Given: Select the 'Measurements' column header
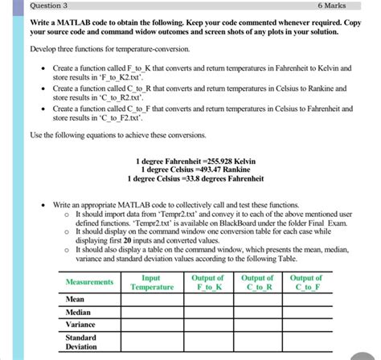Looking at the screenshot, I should click(89, 282).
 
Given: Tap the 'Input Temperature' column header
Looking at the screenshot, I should click(152, 282).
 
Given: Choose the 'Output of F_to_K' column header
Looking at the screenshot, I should click(207, 282).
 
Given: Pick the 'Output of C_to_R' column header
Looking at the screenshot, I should click(257, 282).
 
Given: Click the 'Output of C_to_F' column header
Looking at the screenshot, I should click(306, 282).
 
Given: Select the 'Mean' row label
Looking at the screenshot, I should click(76, 298).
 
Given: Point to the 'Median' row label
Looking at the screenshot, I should click(79, 312).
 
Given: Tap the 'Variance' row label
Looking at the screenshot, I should click(81, 325).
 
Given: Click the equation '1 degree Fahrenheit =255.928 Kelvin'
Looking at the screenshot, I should click(195, 161).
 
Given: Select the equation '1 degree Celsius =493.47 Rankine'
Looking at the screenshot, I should click(195, 170).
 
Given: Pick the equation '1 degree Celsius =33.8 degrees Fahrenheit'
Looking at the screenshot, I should click(195, 178).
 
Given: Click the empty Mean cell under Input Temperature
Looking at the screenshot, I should click(152, 298).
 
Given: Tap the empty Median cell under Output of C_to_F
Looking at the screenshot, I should click(306, 312).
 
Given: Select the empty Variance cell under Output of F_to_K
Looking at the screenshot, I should click(207, 325).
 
